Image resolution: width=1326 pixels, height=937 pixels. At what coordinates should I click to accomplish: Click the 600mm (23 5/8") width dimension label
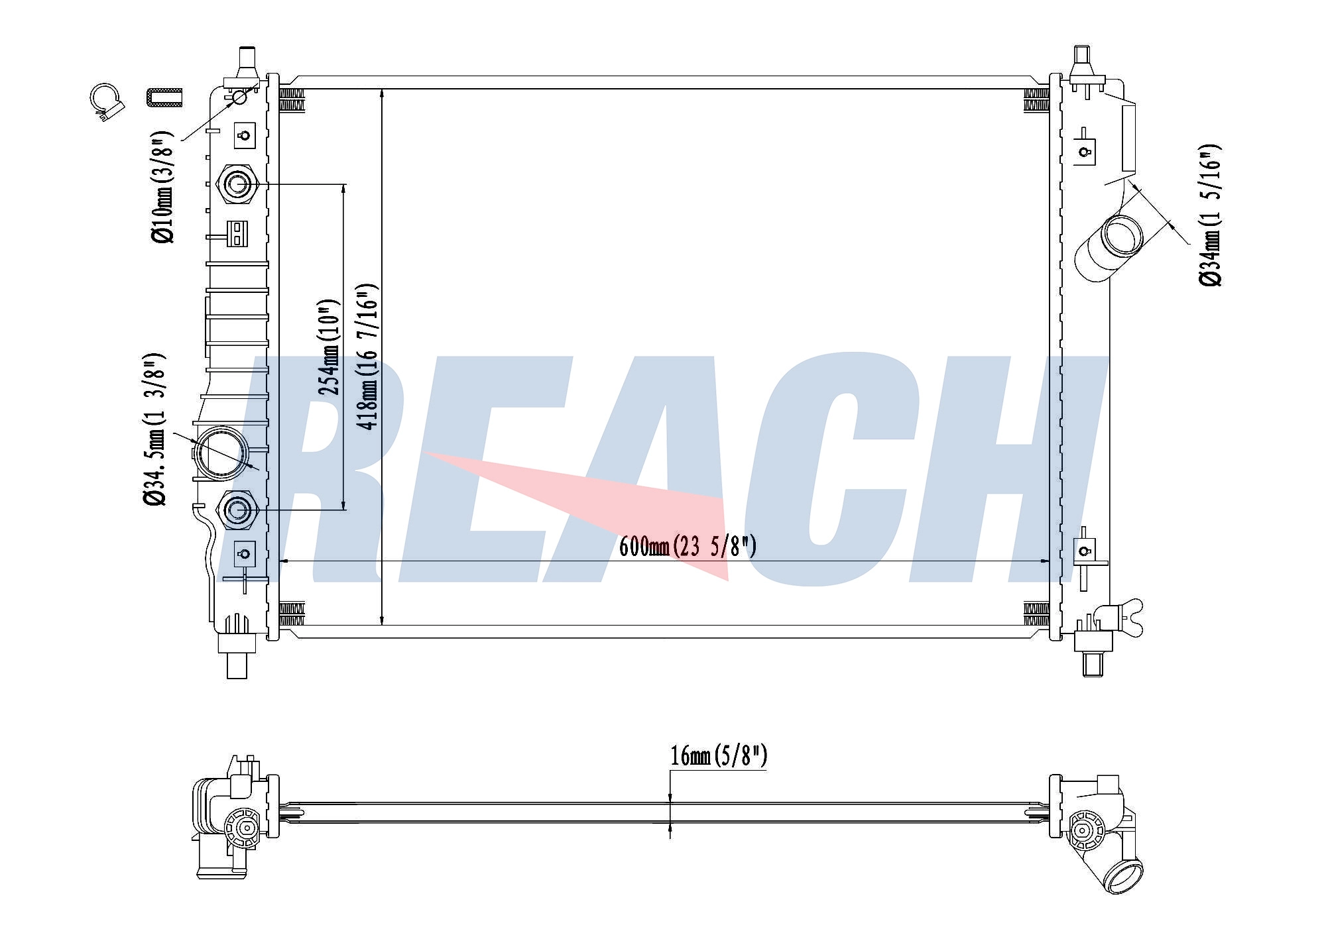pyautogui.click(x=688, y=547)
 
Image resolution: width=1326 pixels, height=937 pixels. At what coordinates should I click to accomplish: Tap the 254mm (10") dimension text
pyautogui.click(x=330, y=347)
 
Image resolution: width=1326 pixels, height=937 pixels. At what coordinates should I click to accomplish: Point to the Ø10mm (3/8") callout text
pyautogui.click(x=162, y=187)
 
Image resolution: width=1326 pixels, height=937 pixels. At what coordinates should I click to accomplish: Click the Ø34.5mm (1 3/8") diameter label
pyautogui.click(x=155, y=429)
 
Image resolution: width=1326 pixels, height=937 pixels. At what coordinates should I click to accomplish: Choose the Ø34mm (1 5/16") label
pyautogui.click(x=1210, y=215)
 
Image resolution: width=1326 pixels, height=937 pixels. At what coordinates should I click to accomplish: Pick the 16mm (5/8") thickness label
pyautogui.click(x=719, y=755)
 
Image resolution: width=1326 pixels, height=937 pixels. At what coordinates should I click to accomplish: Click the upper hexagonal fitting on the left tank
pyautogui.click(x=237, y=184)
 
